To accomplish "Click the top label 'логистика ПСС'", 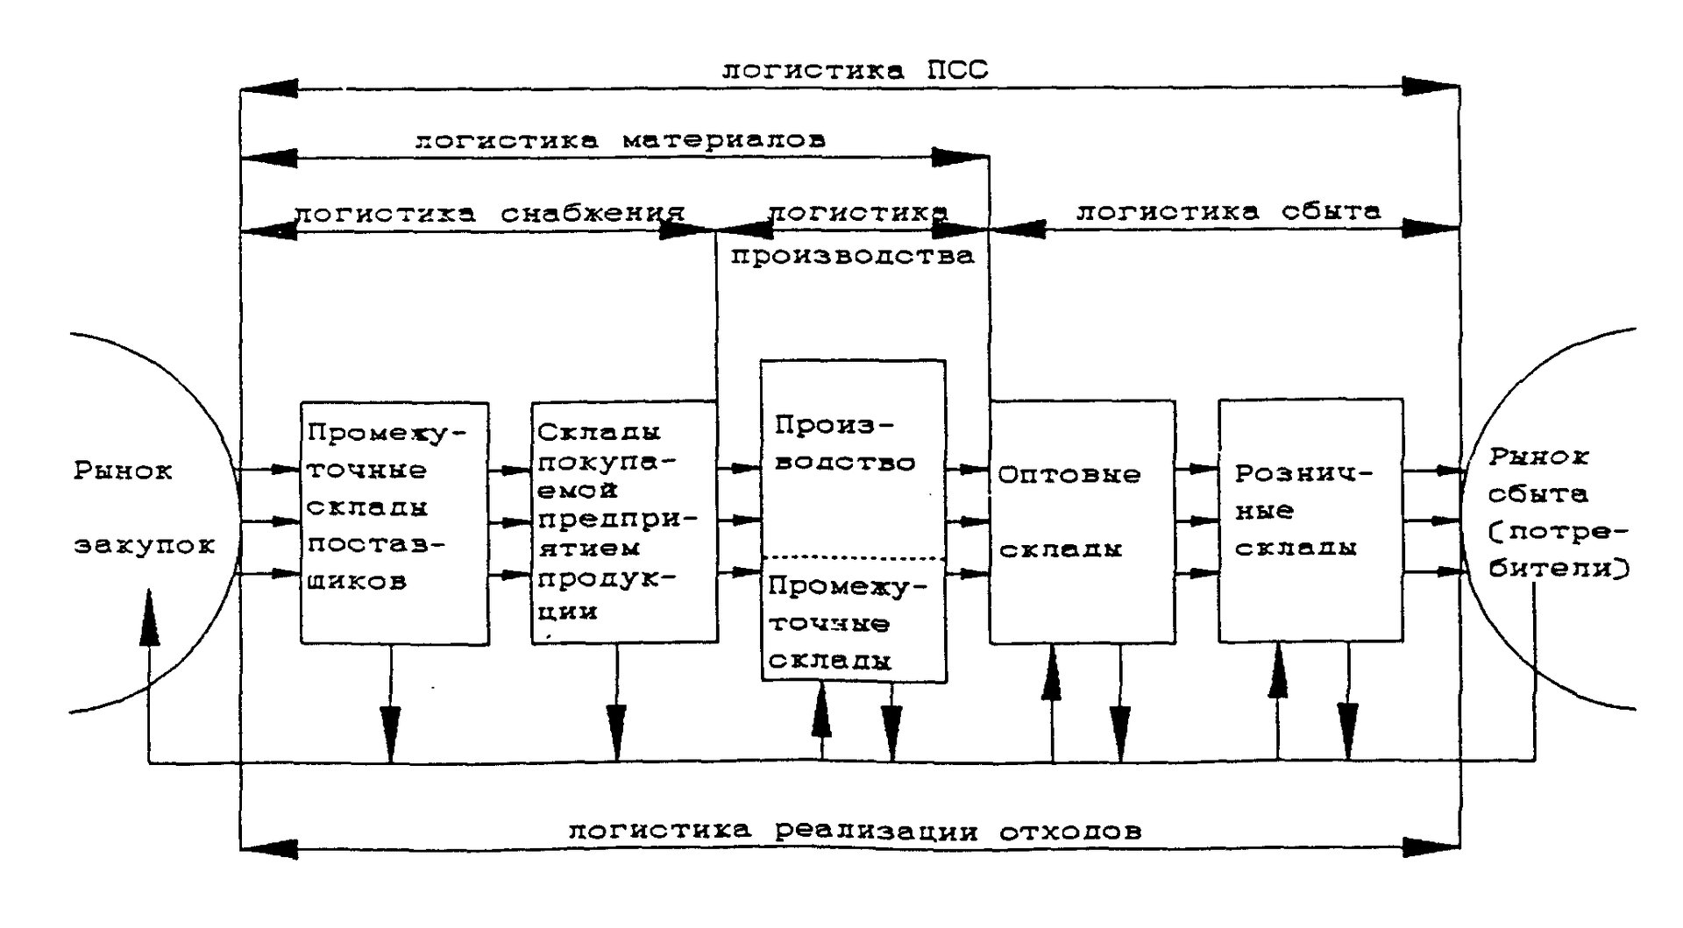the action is coord(855,70).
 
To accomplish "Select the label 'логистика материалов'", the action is coord(620,140).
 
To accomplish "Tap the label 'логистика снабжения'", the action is coord(489,214).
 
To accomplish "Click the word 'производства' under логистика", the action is coord(852,256).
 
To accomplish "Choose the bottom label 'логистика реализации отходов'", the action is coord(855,830).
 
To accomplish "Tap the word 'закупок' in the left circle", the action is coord(145,546).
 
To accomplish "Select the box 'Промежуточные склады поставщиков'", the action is coord(394,523).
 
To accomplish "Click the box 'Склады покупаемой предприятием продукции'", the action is coord(624,523).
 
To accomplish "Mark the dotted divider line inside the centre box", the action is coord(853,558).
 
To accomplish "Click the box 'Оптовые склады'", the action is coord(1083,522).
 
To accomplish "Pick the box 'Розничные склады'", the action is coord(1310,521).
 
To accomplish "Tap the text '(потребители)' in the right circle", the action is coord(1557,550).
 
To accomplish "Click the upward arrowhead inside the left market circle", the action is coord(151,618).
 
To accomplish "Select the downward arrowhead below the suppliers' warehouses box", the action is coord(391,733).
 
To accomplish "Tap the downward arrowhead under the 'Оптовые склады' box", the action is coord(1120,733).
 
